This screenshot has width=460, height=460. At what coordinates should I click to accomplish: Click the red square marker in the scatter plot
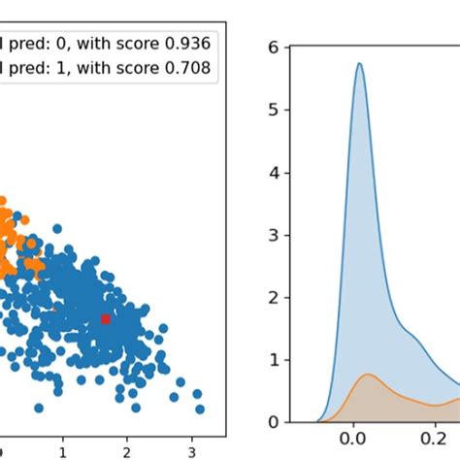point(106,318)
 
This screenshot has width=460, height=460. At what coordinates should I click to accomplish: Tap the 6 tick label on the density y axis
point(274,48)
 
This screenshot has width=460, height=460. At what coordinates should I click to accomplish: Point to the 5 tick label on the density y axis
point(274,110)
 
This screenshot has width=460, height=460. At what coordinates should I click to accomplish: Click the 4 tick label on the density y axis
point(274,173)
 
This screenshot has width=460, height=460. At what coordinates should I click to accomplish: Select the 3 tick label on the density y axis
point(274,235)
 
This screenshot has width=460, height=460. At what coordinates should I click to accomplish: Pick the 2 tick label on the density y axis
point(274,297)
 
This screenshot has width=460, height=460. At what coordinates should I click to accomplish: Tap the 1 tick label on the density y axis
point(274,360)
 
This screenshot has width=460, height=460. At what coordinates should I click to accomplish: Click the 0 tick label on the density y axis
point(274,422)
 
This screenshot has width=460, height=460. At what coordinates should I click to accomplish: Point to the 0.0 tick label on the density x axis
point(351,442)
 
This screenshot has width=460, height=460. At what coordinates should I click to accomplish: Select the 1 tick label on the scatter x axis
point(63,451)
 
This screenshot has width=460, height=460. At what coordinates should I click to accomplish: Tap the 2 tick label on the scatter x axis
point(127,451)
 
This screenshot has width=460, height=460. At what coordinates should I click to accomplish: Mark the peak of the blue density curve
point(359,64)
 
